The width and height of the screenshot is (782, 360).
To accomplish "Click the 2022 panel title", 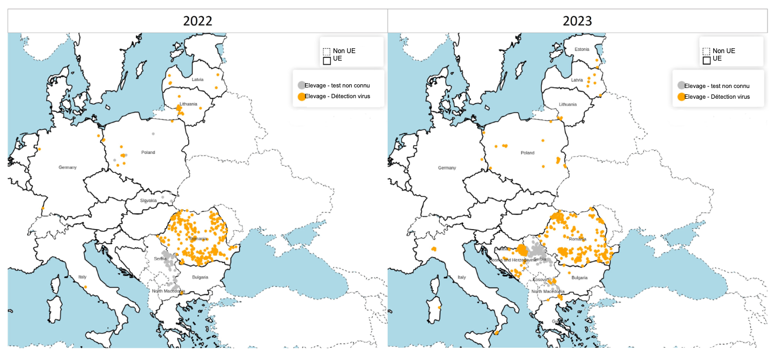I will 197,21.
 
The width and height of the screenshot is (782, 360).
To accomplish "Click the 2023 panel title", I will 577,21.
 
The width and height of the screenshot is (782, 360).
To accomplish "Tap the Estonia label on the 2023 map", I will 582,49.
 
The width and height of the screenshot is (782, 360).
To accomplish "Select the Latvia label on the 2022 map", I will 197,79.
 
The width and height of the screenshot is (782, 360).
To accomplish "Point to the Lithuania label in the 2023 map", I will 567,104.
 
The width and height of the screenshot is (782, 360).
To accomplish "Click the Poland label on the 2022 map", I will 148,152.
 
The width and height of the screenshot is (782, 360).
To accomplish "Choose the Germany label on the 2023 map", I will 447,168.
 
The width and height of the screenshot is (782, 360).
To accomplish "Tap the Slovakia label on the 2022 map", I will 149,201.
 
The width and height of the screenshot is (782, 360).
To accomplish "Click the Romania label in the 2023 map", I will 578,239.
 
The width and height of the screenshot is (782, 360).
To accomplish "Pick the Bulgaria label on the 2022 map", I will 201,277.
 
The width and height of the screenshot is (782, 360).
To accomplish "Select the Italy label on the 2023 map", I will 461,277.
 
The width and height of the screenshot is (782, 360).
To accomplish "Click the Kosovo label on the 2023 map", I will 540,280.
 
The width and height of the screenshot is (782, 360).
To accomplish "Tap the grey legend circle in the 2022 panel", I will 301,85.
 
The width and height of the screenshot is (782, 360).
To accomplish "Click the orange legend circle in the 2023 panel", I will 681,97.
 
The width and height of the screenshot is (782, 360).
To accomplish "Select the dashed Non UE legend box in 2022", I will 327,52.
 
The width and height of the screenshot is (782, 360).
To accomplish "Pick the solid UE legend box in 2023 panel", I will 706,60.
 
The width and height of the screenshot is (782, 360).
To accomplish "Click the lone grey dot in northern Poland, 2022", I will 153,134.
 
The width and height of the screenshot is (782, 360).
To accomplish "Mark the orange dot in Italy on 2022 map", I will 85,287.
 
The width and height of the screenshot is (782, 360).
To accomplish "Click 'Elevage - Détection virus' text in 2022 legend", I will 337,97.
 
